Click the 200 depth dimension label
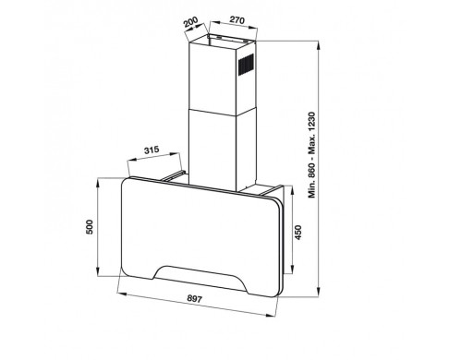click(x=191, y=22)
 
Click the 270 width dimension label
click(x=237, y=20)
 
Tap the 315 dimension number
click(x=152, y=150)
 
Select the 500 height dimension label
click(x=90, y=227)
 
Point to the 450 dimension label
click(x=298, y=233)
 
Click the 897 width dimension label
click(x=195, y=298)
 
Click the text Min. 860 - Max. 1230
click(x=312, y=155)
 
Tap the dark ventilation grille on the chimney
click(x=246, y=64)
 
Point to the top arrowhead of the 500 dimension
click(x=98, y=183)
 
